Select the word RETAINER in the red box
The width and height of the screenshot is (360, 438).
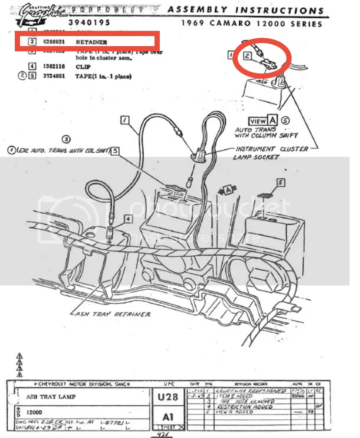point(91,42)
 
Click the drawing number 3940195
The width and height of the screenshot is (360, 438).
point(89,23)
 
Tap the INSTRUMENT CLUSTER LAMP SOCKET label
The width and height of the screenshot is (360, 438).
point(271,152)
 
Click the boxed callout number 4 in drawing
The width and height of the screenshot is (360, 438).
point(128,218)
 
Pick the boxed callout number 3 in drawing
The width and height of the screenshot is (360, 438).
point(115,151)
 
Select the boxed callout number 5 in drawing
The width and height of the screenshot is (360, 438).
point(281,183)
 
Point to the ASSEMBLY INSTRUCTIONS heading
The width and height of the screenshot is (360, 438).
point(246,10)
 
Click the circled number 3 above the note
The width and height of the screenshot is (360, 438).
point(66,139)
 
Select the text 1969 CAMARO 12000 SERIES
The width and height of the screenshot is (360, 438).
point(252,23)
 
